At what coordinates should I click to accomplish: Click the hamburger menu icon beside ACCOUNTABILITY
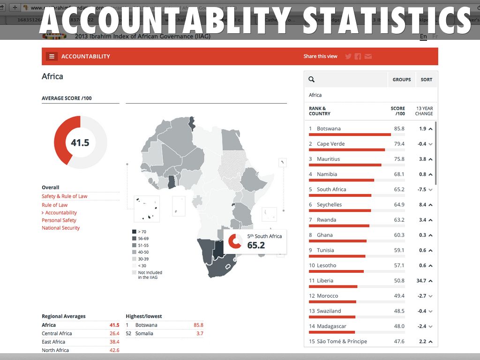click(x=52, y=56)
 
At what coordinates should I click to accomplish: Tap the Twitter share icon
click(x=348, y=56)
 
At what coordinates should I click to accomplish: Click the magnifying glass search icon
click(x=312, y=80)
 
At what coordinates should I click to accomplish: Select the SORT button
click(x=426, y=80)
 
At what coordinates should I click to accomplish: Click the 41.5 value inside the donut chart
click(x=80, y=142)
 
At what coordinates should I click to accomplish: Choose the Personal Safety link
click(x=59, y=220)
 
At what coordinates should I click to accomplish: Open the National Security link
click(x=61, y=228)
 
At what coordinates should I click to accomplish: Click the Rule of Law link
click(x=55, y=205)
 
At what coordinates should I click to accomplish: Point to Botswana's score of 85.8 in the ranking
click(x=399, y=128)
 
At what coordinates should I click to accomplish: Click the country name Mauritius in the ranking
click(x=328, y=159)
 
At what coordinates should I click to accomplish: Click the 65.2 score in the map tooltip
click(x=256, y=245)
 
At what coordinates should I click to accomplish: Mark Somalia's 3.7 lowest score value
click(x=200, y=333)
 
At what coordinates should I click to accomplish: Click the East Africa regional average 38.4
click(x=114, y=342)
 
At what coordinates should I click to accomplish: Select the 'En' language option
click(x=423, y=37)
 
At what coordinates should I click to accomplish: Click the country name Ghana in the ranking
click(x=324, y=235)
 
